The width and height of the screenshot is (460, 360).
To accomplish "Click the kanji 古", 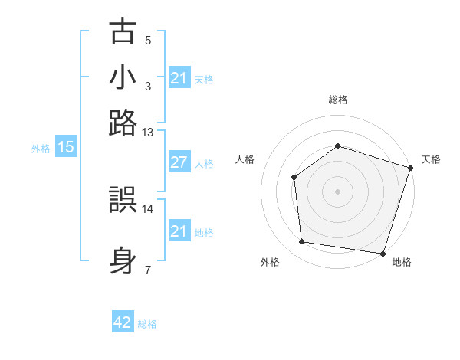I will pyautogui.click(x=123, y=33).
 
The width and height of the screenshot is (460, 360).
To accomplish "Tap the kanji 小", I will pyautogui.click(x=123, y=78).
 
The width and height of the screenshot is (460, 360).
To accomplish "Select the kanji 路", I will pyautogui.click(x=123, y=123).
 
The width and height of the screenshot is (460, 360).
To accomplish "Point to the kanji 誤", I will pyautogui.click(x=123, y=201).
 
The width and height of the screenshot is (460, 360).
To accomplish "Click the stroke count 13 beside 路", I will pyautogui.click(x=148, y=133).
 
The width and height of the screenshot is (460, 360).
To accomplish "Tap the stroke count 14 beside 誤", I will pyautogui.click(x=148, y=208).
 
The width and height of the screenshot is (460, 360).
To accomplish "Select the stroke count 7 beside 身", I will pyautogui.click(x=148, y=269).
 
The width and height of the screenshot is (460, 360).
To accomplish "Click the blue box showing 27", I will pyautogui.click(x=179, y=162).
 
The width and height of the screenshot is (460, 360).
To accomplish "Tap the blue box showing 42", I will pyautogui.click(x=123, y=323).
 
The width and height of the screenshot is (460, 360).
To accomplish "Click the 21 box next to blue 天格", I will pyautogui.click(x=179, y=78).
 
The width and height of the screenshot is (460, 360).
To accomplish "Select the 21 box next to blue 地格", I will pyautogui.click(x=179, y=231).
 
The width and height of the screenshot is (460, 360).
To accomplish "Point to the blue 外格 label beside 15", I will pyautogui.click(x=41, y=149).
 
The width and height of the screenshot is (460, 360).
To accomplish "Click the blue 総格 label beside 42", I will pyautogui.click(x=147, y=324).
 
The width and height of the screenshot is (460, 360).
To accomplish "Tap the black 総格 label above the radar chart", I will pyautogui.click(x=337, y=100).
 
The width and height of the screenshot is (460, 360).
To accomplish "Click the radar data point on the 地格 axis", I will pyautogui.click(x=382, y=253).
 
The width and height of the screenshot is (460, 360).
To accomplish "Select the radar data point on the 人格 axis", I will pyautogui.click(x=294, y=178).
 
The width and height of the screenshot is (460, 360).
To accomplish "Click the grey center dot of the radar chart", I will pyautogui.click(x=337, y=191).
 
